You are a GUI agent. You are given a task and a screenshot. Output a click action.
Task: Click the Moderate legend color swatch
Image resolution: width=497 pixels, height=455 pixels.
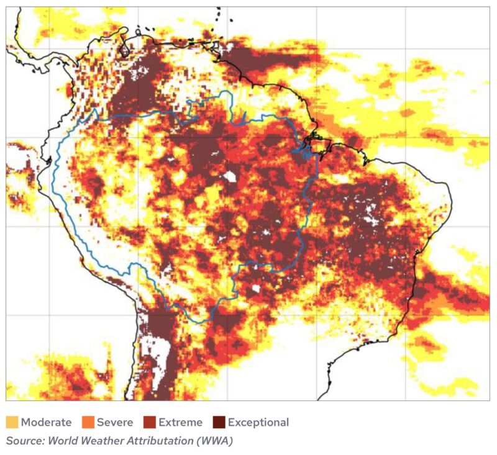12,423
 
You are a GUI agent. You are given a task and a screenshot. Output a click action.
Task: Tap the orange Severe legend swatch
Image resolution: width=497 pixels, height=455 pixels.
88,423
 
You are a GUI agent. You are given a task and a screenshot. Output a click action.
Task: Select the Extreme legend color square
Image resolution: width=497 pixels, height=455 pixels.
150,423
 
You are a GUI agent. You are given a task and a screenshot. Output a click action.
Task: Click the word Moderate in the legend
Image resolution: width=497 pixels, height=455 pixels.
46,423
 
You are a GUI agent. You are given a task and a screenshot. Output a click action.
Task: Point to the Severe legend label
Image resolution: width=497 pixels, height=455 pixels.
114,423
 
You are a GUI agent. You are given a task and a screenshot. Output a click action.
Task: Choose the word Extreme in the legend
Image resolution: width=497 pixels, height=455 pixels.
180,423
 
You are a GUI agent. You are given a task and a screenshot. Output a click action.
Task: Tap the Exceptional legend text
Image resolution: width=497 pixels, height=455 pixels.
258,423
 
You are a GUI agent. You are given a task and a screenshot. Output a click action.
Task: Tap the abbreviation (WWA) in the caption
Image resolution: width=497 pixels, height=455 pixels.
212,441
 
